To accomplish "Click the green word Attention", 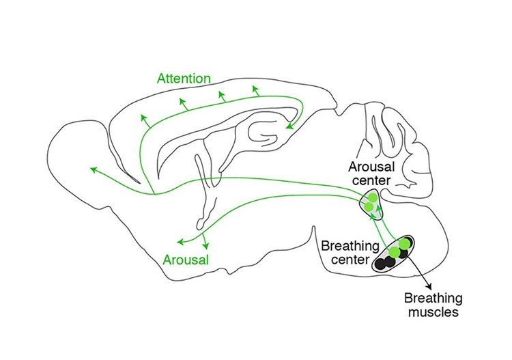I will click(x=182, y=79).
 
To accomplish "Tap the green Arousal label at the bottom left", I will click(x=186, y=260).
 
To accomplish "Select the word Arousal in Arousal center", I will click(x=369, y=166).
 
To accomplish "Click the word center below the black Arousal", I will click(x=369, y=180).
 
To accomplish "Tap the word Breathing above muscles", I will click(x=433, y=299).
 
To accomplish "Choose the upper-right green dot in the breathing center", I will click(x=406, y=243).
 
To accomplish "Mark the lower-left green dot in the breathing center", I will click(x=394, y=252).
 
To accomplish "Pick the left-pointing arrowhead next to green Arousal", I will click(x=179, y=240).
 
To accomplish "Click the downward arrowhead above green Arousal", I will click(x=205, y=245).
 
